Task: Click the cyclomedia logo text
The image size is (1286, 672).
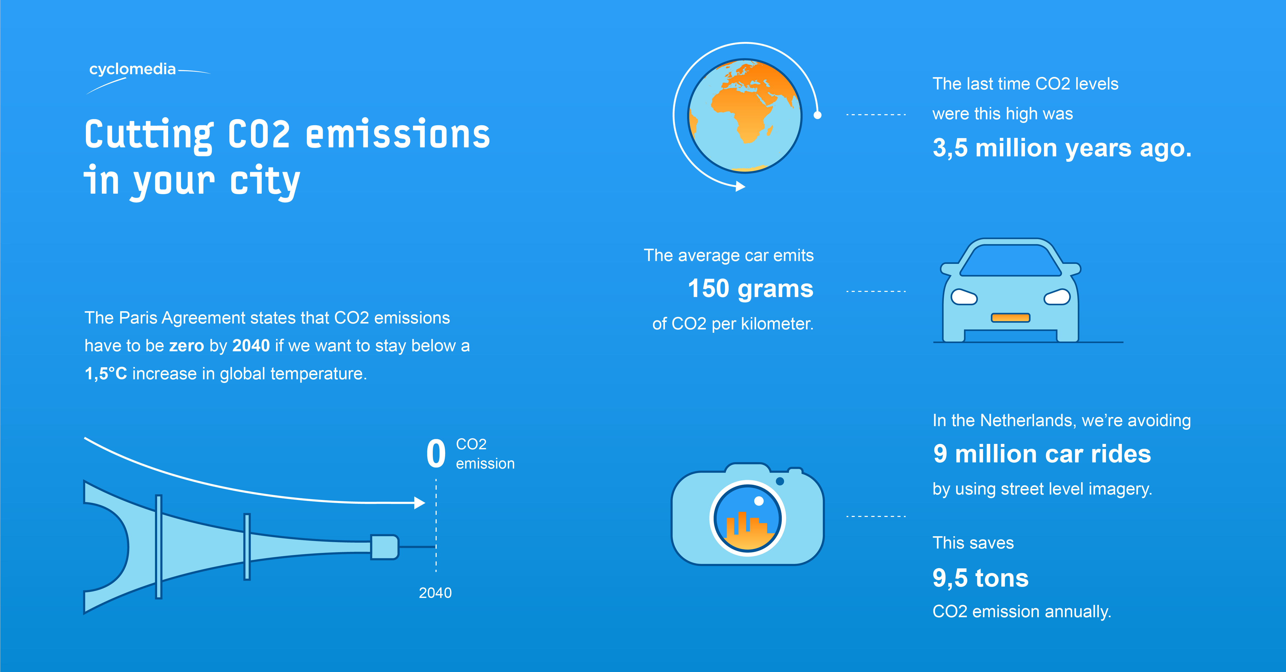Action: pos(132,69)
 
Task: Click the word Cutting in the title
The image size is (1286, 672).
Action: pos(149,136)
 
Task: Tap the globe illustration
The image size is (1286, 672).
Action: pos(745,116)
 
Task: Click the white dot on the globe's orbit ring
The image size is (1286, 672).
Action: pos(817,115)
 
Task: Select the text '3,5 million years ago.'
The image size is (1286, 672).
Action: pos(1062,148)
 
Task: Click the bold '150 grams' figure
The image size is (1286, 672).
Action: pos(750,289)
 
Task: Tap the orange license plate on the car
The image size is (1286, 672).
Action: pos(1010,318)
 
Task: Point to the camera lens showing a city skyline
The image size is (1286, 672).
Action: pos(747,518)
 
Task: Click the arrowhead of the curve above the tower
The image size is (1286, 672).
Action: pos(419,503)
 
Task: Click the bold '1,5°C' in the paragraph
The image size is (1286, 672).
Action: pos(106,373)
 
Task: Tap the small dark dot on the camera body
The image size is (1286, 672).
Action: pos(780,481)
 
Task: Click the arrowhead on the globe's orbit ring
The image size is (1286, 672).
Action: pos(740,186)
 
